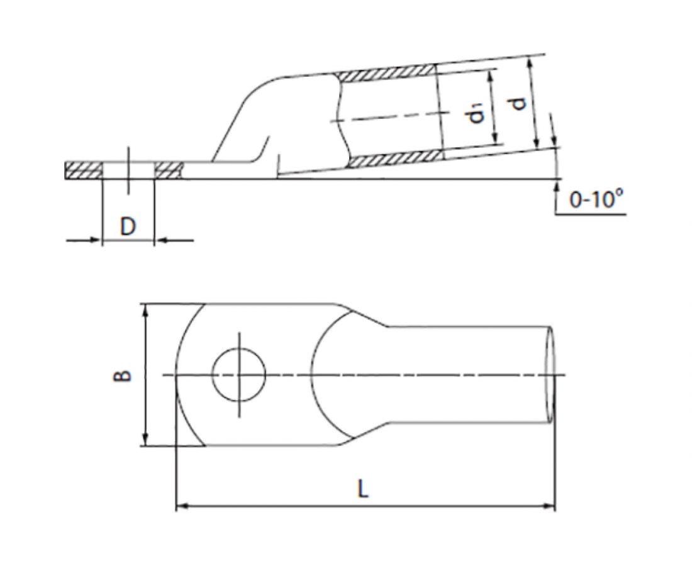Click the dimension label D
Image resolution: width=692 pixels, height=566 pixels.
pos(128,227)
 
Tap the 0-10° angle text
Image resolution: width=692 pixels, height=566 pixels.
pos(597,199)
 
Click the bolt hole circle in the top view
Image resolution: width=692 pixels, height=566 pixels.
pos(239,375)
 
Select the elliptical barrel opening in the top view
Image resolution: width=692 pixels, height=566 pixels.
pos(550,375)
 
